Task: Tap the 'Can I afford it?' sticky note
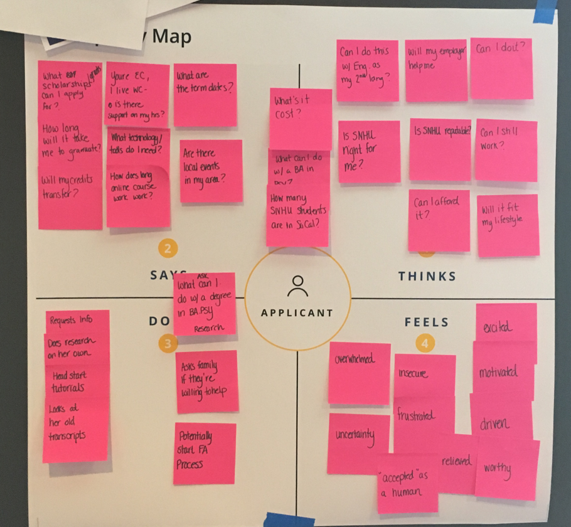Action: (x=439, y=220)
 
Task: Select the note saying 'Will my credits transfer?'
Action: (x=70, y=198)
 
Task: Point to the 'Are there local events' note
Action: (x=211, y=171)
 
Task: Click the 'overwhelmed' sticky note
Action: (x=359, y=373)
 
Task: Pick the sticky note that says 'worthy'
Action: (x=506, y=469)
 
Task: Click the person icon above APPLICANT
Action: (x=297, y=286)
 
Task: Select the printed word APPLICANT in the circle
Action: (x=298, y=313)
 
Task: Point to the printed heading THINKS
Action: (x=427, y=276)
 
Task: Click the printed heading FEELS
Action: (x=427, y=322)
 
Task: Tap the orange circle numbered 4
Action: (x=425, y=343)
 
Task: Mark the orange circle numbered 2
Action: (x=168, y=249)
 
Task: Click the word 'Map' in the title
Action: (x=171, y=36)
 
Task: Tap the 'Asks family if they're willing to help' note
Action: (x=206, y=381)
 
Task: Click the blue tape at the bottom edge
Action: (x=289, y=519)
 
